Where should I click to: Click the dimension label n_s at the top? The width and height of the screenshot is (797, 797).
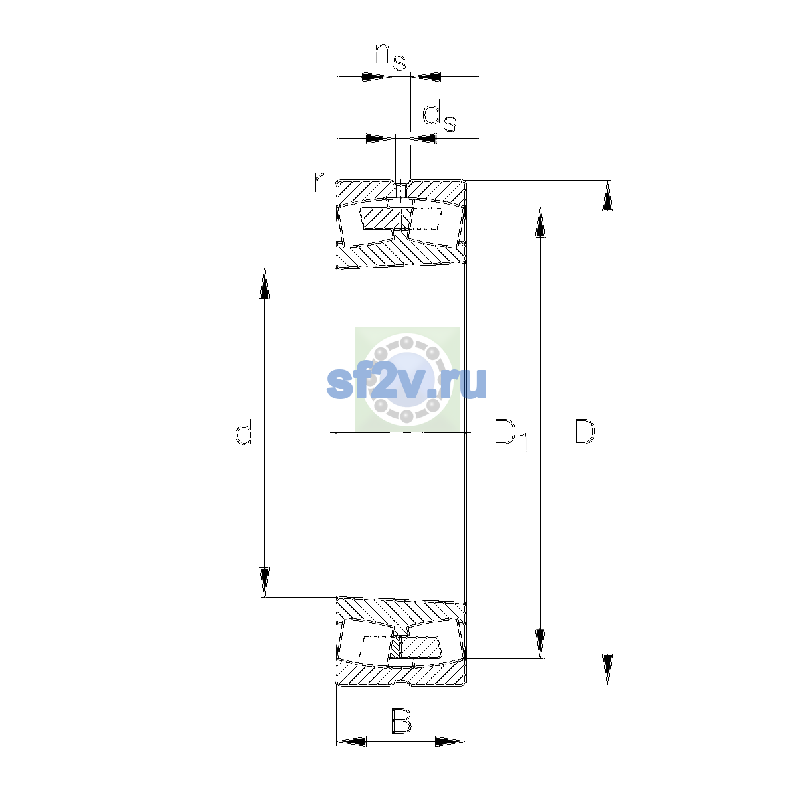pos(390,57)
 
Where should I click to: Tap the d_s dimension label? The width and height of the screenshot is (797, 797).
pos(439,118)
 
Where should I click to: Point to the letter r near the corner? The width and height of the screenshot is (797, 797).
pos(319,181)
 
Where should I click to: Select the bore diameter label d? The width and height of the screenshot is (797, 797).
pos(244,431)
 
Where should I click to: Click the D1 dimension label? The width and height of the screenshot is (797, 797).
pos(511,434)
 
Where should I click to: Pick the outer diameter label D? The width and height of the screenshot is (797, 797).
pos(584,432)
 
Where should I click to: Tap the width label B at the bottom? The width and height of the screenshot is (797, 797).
pos(401,721)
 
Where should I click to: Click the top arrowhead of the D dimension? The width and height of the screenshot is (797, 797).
pos(608,196)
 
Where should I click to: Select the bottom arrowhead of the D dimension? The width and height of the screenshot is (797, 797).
pos(608,669)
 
